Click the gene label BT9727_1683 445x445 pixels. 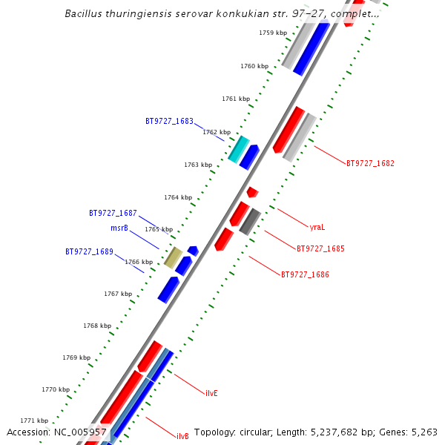tap(169, 121)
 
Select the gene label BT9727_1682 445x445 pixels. tap(370, 163)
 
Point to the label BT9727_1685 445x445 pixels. tap(320, 249)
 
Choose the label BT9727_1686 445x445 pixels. tap(305, 274)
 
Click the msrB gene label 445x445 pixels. tap(119, 228)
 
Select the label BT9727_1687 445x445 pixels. tap(113, 213)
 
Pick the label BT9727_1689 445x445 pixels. tap(89, 251)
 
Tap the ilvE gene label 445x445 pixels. tap(211, 393)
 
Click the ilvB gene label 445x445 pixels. tap(182, 436)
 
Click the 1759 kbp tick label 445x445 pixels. tap(273, 33)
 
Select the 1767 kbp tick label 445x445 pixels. tap(118, 294)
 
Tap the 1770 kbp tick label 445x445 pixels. tap(56, 389)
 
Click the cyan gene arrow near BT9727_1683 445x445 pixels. tap(238, 149)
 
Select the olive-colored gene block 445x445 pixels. tap(173, 257)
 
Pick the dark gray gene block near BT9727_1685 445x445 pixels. tap(250, 222)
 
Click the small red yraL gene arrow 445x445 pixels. tap(252, 192)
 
